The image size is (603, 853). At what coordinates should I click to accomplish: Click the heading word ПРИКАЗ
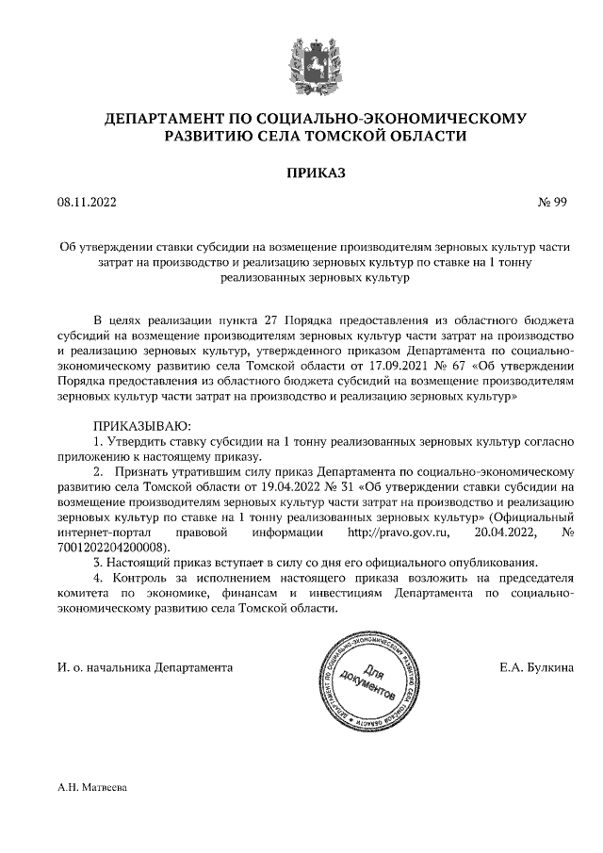[302, 172]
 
